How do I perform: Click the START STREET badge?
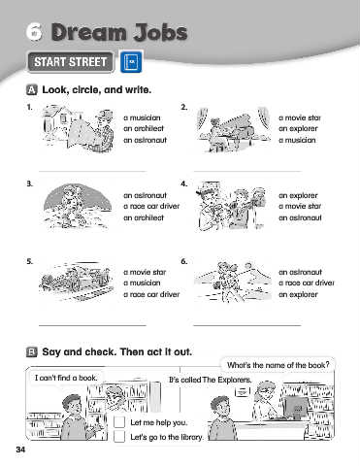(71, 62)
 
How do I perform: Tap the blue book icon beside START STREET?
(131, 61)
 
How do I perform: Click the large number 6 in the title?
(34, 32)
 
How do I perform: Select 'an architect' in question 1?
(144, 128)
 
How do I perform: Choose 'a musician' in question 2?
(297, 140)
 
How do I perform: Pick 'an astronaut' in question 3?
(145, 195)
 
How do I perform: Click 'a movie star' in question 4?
(300, 206)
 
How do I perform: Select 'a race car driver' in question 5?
(151, 294)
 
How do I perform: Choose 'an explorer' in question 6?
(298, 294)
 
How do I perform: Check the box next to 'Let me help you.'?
(119, 422)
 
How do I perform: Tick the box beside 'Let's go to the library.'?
(119, 436)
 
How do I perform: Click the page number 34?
(20, 449)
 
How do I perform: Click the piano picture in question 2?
(234, 130)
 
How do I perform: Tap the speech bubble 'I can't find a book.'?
(66, 378)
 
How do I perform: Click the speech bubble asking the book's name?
(278, 365)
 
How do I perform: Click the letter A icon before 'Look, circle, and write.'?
(32, 89)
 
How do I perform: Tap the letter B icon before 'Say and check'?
(32, 351)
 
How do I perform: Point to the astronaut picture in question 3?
(77, 206)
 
